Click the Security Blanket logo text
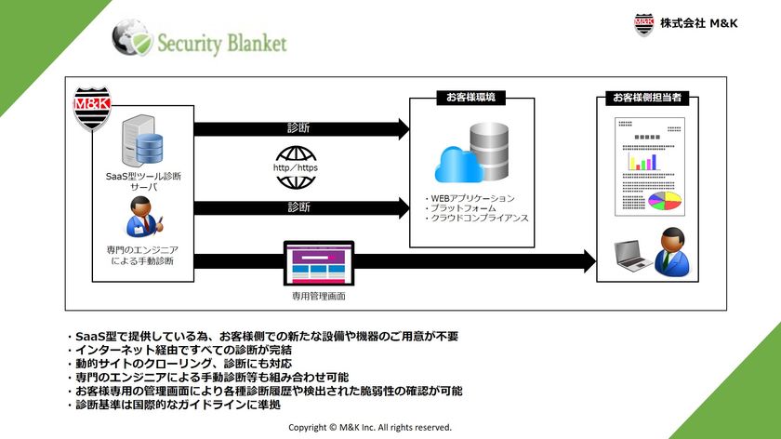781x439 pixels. pyautogui.click(x=221, y=44)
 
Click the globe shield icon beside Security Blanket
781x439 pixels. pyautogui.click(x=131, y=39)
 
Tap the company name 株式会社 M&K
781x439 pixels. pyautogui.click(x=698, y=23)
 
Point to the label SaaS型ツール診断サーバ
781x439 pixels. pyautogui.click(x=143, y=180)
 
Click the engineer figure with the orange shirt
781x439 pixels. pyautogui.click(x=142, y=223)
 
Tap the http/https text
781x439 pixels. pyautogui.click(x=297, y=168)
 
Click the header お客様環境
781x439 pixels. pyautogui.click(x=470, y=97)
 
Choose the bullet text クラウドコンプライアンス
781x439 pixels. pyautogui.click(x=477, y=218)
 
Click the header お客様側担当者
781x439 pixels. pyautogui.click(x=652, y=98)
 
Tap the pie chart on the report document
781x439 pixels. pyautogui.click(x=664, y=200)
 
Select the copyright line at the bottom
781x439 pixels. pyautogui.click(x=370, y=428)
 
